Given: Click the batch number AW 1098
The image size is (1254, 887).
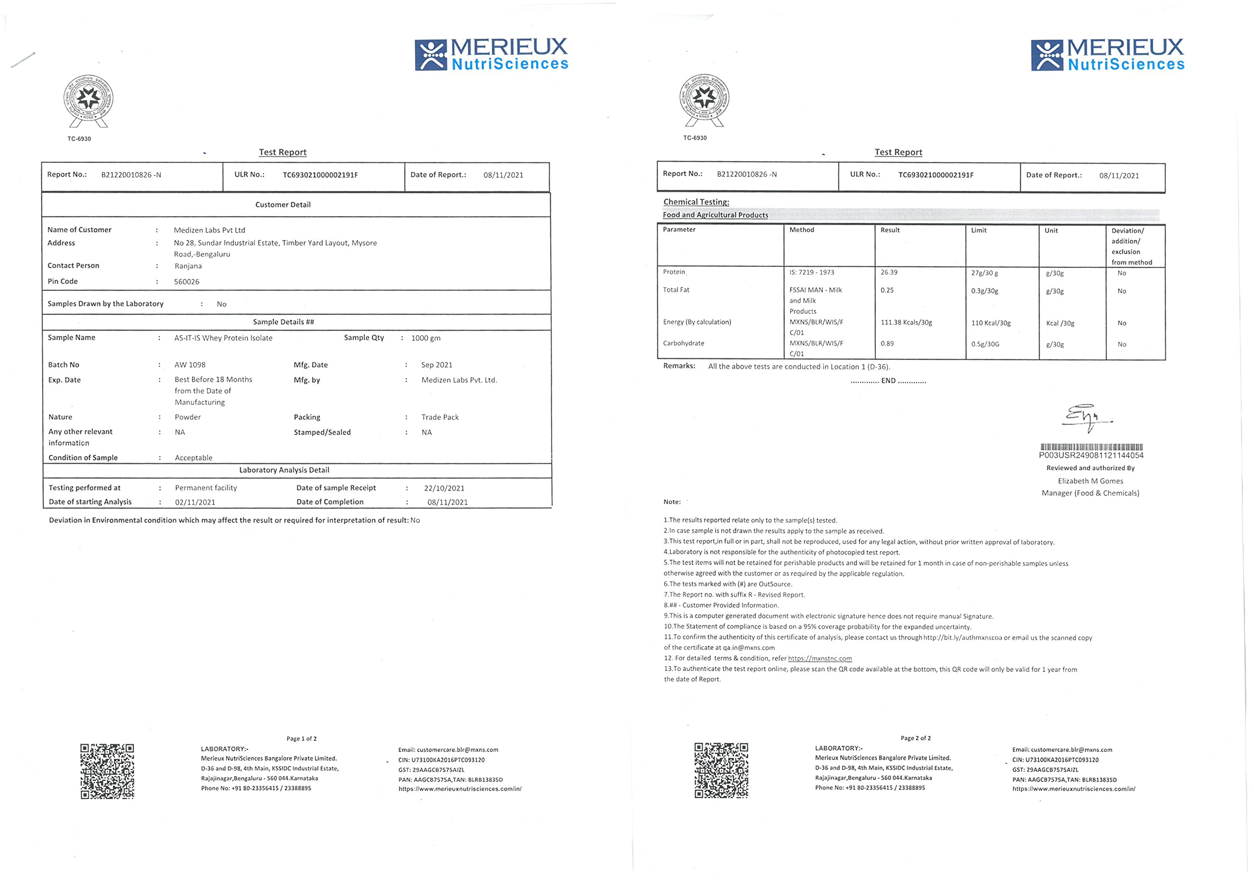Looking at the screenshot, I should [x=190, y=365].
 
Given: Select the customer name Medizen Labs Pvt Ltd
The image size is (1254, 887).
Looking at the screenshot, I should [x=209, y=230].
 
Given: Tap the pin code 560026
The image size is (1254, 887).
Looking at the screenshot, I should [x=186, y=282].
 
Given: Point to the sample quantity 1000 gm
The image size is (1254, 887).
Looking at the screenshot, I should [x=426, y=338].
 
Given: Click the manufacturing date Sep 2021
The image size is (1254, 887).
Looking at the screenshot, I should [x=436, y=365].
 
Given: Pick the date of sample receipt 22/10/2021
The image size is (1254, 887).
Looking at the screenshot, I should [x=444, y=488].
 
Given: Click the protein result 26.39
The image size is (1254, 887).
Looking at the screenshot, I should [x=889, y=273].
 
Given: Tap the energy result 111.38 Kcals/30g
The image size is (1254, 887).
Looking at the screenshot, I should [x=906, y=323].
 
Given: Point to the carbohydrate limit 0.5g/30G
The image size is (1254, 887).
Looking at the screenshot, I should [x=985, y=344].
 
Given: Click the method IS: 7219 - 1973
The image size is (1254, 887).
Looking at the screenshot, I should [x=811, y=273].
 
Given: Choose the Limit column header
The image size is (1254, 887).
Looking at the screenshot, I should [x=978, y=231].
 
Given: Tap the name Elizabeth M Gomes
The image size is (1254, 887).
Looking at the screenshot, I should [x=1090, y=481].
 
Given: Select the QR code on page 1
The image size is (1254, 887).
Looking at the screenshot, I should [x=107, y=770].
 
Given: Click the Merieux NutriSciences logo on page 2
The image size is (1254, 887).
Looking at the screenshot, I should [x=1107, y=55].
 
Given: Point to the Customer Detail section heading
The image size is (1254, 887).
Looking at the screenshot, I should [x=283, y=205].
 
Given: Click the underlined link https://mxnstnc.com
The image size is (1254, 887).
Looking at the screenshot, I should [x=819, y=659].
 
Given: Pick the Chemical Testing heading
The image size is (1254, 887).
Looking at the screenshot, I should [x=696, y=202].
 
